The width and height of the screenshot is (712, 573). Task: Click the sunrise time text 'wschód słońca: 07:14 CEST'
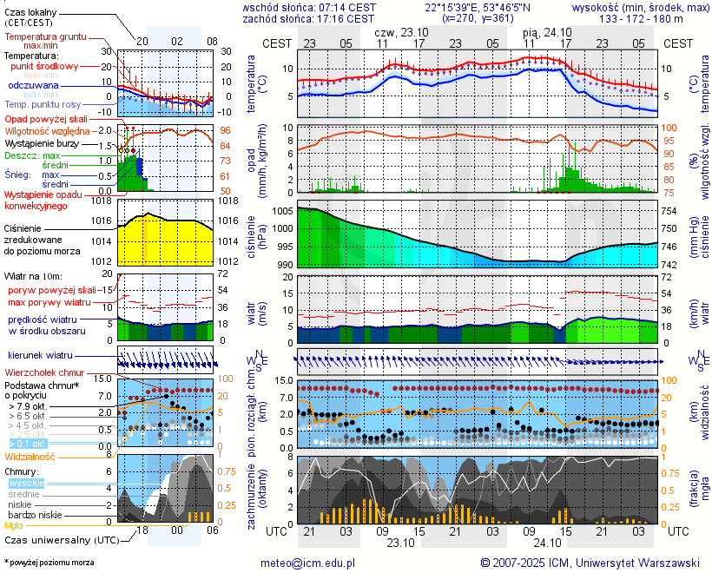(x=309, y=7)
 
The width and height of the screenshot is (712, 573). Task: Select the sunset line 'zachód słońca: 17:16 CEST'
(x=309, y=18)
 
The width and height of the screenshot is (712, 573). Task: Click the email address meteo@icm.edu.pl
(x=308, y=563)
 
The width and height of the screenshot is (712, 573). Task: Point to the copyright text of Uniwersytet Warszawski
(x=590, y=563)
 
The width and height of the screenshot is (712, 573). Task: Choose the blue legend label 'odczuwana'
(x=33, y=86)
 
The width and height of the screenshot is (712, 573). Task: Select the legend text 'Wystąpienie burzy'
(x=42, y=142)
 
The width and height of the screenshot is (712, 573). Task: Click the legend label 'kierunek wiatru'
(x=40, y=356)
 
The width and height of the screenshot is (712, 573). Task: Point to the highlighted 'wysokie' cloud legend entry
(x=26, y=483)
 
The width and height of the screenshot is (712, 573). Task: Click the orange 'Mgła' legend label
(x=14, y=525)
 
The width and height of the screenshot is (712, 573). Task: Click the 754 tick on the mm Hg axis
(x=670, y=211)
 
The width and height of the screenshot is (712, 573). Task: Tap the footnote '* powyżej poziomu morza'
(x=49, y=563)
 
